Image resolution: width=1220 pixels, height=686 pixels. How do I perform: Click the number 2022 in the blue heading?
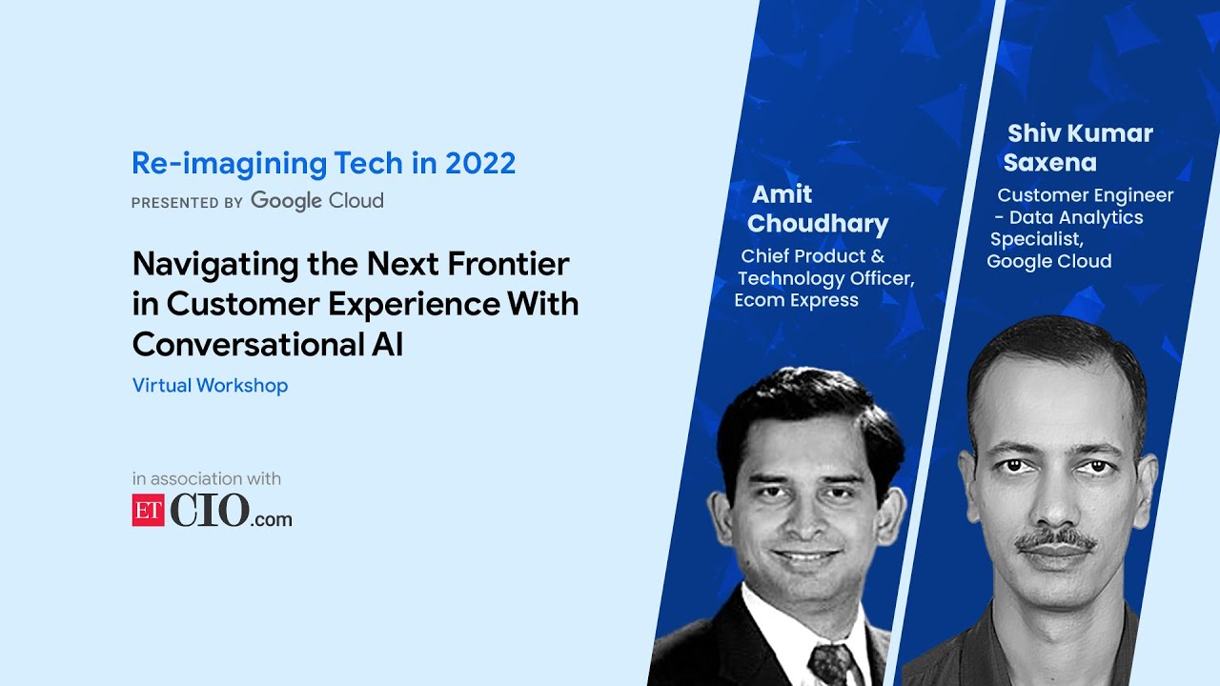click(x=478, y=164)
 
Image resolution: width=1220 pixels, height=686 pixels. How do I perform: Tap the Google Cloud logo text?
click(x=316, y=201)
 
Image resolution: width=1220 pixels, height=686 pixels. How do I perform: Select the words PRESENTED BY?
click(x=187, y=202)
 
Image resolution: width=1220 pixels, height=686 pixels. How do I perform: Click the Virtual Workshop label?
click(x=210, y=386)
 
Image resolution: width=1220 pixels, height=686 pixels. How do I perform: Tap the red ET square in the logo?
click(x=148, y=511)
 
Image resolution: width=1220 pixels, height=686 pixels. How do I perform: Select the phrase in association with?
click(x=207, y=479)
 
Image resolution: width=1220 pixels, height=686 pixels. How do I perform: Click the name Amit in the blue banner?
click(x=783, y=194)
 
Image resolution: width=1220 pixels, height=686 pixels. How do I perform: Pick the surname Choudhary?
click(x=818, y=224)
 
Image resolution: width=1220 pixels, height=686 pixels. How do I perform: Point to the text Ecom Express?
click(x=796, y=300)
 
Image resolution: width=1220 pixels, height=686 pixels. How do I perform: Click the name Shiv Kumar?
click(x=1080, y=133)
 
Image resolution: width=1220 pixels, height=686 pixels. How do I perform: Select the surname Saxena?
click(x=1049, y=163)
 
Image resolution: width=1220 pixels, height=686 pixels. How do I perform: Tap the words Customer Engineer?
click(x=1085, y=195)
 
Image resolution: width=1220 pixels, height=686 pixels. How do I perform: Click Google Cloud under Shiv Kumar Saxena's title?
click(x=1048, y=261)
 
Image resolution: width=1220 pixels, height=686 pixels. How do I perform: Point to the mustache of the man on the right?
click(x=1055, y=540)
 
